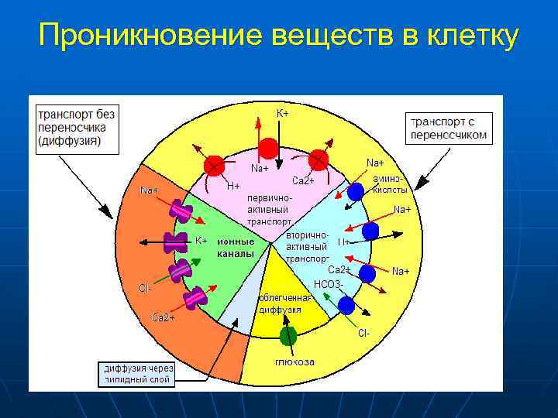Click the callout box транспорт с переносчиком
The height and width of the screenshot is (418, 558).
(x=449, y=128)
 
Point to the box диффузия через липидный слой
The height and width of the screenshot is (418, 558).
(x=139, y=373)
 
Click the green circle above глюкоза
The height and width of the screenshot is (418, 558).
(x=288, y=336)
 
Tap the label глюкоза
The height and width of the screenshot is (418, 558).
(x=294, y=361)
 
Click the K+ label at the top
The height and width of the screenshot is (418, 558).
(x=283, y=113)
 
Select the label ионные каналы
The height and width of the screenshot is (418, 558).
(x=236, y=247)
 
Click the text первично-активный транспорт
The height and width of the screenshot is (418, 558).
(x=268, y=209)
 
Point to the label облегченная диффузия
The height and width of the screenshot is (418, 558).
(x=284, y=303)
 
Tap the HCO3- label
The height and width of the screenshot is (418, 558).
(x=328, y=284)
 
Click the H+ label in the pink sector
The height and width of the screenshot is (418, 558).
(x=233, y=187)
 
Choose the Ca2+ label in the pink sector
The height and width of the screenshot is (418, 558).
(x=302, y=180)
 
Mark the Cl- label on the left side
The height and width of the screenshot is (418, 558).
(x=145, y=288)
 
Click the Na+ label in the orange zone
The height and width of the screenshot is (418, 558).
(x=149, y=190)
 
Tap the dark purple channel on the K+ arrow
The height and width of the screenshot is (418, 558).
(x=177, y=242)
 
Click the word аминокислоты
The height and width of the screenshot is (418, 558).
(x=389, y=184)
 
